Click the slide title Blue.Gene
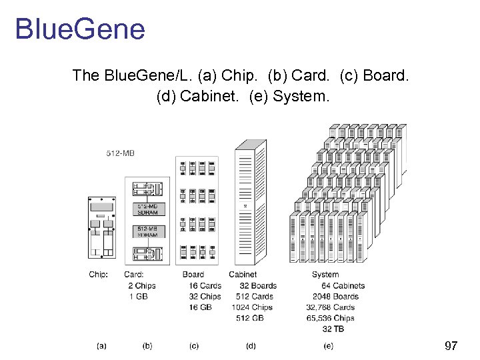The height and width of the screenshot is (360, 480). (x=79, y=30)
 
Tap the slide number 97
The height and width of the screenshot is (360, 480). (x=451, y=346)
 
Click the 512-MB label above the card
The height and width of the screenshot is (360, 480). (x=120, y=153)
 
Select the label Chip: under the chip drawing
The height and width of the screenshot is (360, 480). (x=98, y=275)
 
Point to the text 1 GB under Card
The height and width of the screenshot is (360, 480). (x=138, y=297)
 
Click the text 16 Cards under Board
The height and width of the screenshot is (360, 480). (x=205, y=286)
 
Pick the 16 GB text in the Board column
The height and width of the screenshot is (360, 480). (x=200, y=307)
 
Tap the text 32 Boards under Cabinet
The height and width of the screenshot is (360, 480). (x=258, y=286)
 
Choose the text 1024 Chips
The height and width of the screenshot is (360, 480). (x=252, y=307)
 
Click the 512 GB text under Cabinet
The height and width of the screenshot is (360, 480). (x=250, y=318)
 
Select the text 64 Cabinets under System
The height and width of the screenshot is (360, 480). (x=343, y=286)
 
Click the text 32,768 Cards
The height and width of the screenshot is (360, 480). (x=330, y=307)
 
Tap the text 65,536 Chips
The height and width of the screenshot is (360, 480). (x=330, y=318)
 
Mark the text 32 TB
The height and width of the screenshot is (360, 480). (x=333, y=329)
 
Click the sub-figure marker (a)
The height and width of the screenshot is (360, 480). (x=101, y=345)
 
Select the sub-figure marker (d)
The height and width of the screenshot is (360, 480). (x=251, y=345)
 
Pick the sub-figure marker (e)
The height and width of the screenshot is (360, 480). (x=329, y=345)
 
